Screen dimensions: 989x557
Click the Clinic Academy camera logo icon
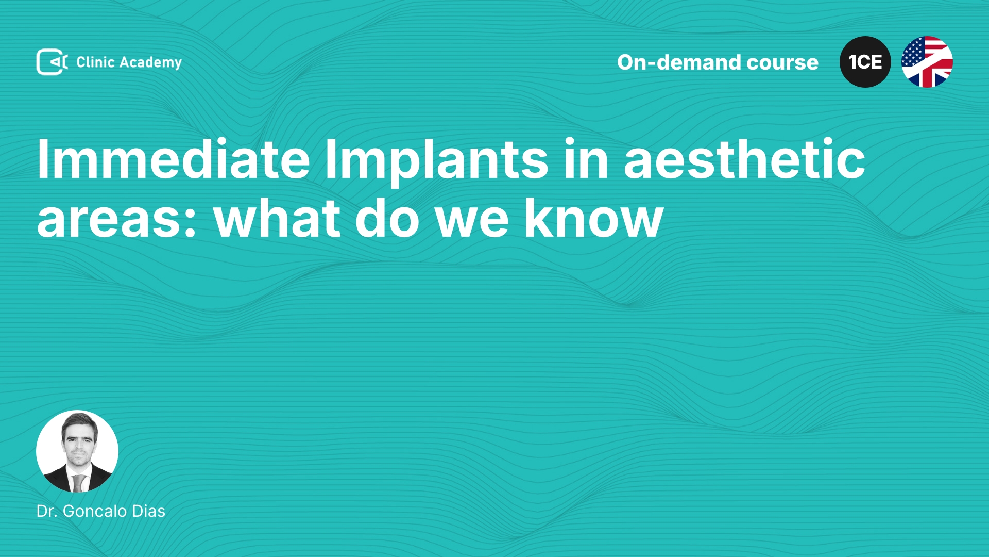point(52,62)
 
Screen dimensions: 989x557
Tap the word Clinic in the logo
point(95,62)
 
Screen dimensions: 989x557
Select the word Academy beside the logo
point(150,63)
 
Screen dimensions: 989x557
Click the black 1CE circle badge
point(865,62)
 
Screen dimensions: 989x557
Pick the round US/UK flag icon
point(927,62)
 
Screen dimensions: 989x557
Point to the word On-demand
point(679,62)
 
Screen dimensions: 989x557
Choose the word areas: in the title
point(116,219)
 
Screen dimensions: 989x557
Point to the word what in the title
point(277,217)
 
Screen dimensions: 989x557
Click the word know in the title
point(594,217)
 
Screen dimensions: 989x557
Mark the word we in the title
point(472,219)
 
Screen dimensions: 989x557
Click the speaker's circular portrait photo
point(77,451)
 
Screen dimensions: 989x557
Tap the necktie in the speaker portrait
point(78,483)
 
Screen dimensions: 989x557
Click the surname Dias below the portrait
point(149,511)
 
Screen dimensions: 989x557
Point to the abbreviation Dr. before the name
point(47,511)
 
